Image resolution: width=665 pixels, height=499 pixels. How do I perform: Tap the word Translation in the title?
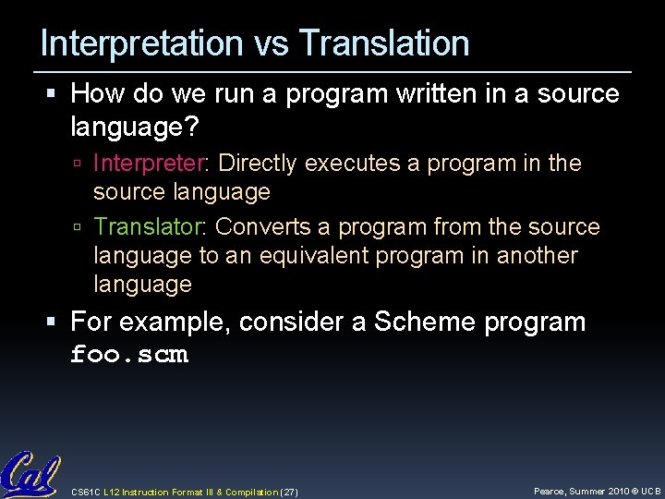(x=385, y=43)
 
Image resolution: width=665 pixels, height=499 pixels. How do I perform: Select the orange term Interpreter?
(x=151, y=164)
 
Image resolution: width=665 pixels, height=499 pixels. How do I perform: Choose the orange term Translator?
(x=151, y=227)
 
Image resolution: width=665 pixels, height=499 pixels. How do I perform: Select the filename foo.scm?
(x=129, y=355)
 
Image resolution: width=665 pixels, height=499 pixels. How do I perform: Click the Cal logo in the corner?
(x=30, y=476)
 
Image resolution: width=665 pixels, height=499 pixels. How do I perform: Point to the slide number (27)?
(x=287, y=493)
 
